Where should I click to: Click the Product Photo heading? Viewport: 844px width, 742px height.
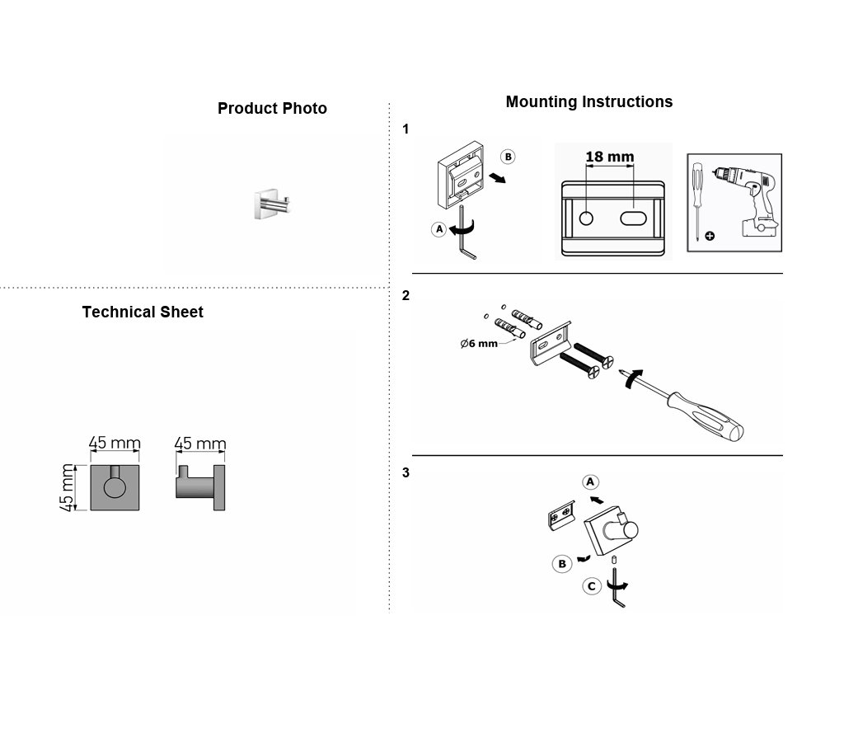click(x=272, y=108)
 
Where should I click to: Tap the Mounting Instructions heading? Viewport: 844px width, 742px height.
click(x=588, y=101)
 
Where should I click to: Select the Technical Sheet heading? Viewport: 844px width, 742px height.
click(x=143, y=312)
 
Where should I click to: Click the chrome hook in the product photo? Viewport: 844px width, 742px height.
click(x=272, y=204)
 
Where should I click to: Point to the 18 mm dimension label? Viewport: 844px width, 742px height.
click(x=609, y=157)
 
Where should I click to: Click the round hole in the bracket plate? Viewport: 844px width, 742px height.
click(x=586, y=218)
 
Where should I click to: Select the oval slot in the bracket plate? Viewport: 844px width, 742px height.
click(x=633, y=218)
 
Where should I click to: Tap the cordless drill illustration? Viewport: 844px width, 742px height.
click(x=745, y=201)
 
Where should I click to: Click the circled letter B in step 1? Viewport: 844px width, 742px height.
click(x=508, y=157)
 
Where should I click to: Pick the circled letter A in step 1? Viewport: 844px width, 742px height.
click(x=439, y=229)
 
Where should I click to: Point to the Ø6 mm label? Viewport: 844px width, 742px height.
click(x=479, y=344)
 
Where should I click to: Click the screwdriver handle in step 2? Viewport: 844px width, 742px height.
click(x=706, y=415)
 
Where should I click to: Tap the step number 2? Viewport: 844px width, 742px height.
click(x=406, y=296)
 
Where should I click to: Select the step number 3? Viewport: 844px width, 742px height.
click(x=406, y=472)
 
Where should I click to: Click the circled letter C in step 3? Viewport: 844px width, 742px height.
click(x=592, y=586)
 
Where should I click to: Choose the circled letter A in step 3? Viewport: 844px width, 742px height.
click(x=590, y=482)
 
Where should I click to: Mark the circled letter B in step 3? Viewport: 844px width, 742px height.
click(x=562, y=564)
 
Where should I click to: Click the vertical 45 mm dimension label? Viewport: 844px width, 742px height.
click(x=67, y=487)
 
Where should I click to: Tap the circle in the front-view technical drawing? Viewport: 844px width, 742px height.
click(x=115, y=487)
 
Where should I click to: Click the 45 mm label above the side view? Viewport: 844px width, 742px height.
click(x=200, y=444)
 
